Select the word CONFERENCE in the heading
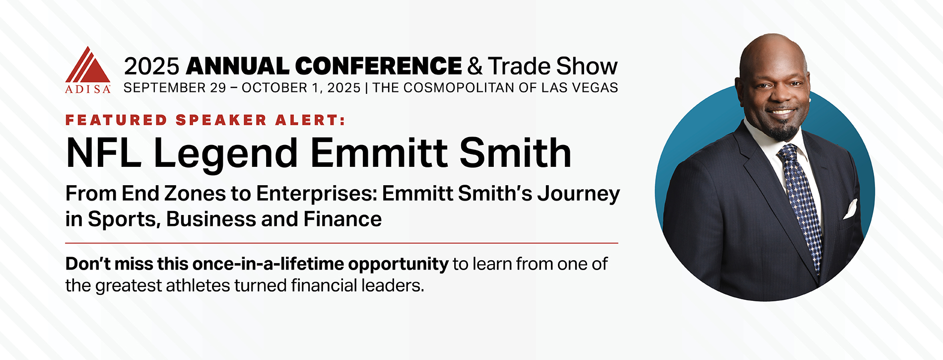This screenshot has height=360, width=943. click(378, 66)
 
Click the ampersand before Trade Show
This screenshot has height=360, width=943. click(474, 67)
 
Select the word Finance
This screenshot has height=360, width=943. click(342, 219)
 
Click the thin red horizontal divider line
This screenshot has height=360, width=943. click(341, 243)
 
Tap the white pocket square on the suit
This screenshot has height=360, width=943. click(850, 209)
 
